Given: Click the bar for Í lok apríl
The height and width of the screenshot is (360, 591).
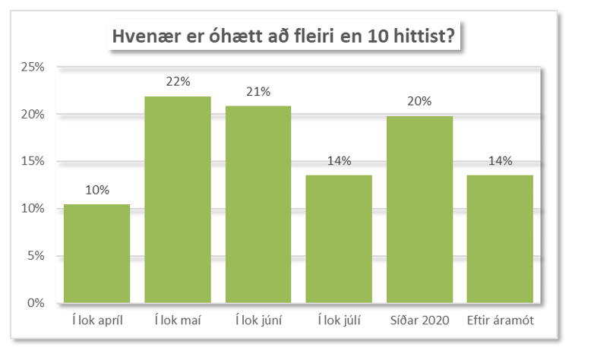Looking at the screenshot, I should [96, 254].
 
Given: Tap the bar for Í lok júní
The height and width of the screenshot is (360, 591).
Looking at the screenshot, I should [258, 204].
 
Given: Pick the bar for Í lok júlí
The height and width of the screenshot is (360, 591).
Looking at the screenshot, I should [339, 239].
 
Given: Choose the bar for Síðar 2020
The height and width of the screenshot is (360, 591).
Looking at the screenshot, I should [419, 210].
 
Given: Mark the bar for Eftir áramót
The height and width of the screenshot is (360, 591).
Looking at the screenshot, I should [500, 239].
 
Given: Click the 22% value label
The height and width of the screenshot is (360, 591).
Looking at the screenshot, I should [178, 82].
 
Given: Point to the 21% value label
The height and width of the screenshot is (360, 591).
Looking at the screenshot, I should [258, 92].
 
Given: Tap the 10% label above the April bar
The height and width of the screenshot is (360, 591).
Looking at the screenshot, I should [96, 190].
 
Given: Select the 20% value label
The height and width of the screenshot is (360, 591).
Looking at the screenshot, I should [419, 101].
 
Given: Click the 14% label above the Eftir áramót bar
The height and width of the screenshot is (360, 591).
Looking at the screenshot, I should [500, 160].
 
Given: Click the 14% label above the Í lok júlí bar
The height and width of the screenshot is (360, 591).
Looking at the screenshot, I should [339, 160].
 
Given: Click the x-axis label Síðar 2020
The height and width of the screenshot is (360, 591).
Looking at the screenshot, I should [419, 321].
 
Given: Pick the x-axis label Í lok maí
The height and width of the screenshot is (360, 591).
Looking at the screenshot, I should [178, 321].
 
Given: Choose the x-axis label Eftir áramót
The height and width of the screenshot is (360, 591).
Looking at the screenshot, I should [500, 321].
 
